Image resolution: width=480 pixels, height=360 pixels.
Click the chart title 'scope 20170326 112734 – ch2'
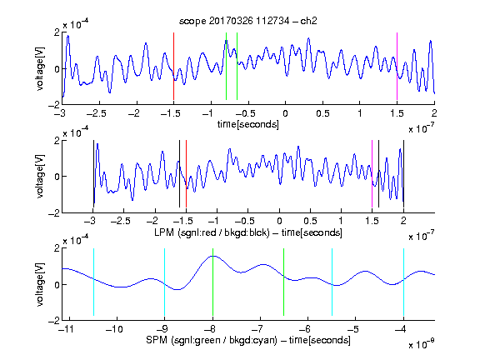pos(248,21)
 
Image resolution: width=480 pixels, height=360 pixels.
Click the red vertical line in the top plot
pos(173,66)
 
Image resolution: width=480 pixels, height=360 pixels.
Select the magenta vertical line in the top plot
pos(397,66)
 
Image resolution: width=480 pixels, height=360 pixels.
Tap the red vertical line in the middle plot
pos(186,174)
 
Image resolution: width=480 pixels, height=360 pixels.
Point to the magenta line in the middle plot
pos(372,174)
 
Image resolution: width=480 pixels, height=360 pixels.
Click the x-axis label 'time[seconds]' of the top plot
pos(248,124)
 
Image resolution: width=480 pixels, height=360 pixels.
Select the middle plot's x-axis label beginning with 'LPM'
pos(248,232)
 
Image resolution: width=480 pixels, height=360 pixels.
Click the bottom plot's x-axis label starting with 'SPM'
pos(248,340)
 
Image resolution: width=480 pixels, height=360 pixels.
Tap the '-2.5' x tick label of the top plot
pos(96,113)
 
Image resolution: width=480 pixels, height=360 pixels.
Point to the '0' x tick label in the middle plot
pos(279,221)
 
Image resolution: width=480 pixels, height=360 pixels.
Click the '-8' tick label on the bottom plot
pos(211,329)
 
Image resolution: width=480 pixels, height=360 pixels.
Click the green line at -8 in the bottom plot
pos(212,282)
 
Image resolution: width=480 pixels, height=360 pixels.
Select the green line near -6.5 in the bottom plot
pos(284,282)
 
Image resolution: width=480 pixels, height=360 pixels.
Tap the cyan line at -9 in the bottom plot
pos(165,282)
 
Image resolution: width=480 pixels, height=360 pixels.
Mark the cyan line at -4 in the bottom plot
pos(404,282)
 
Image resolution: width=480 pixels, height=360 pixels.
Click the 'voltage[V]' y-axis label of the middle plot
pos(40,177)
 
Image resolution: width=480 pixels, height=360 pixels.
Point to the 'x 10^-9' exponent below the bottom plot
pos(421,344)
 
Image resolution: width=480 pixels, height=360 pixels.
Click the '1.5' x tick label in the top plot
pos(397,113)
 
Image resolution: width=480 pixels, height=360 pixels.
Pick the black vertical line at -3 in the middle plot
pos(93,174)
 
